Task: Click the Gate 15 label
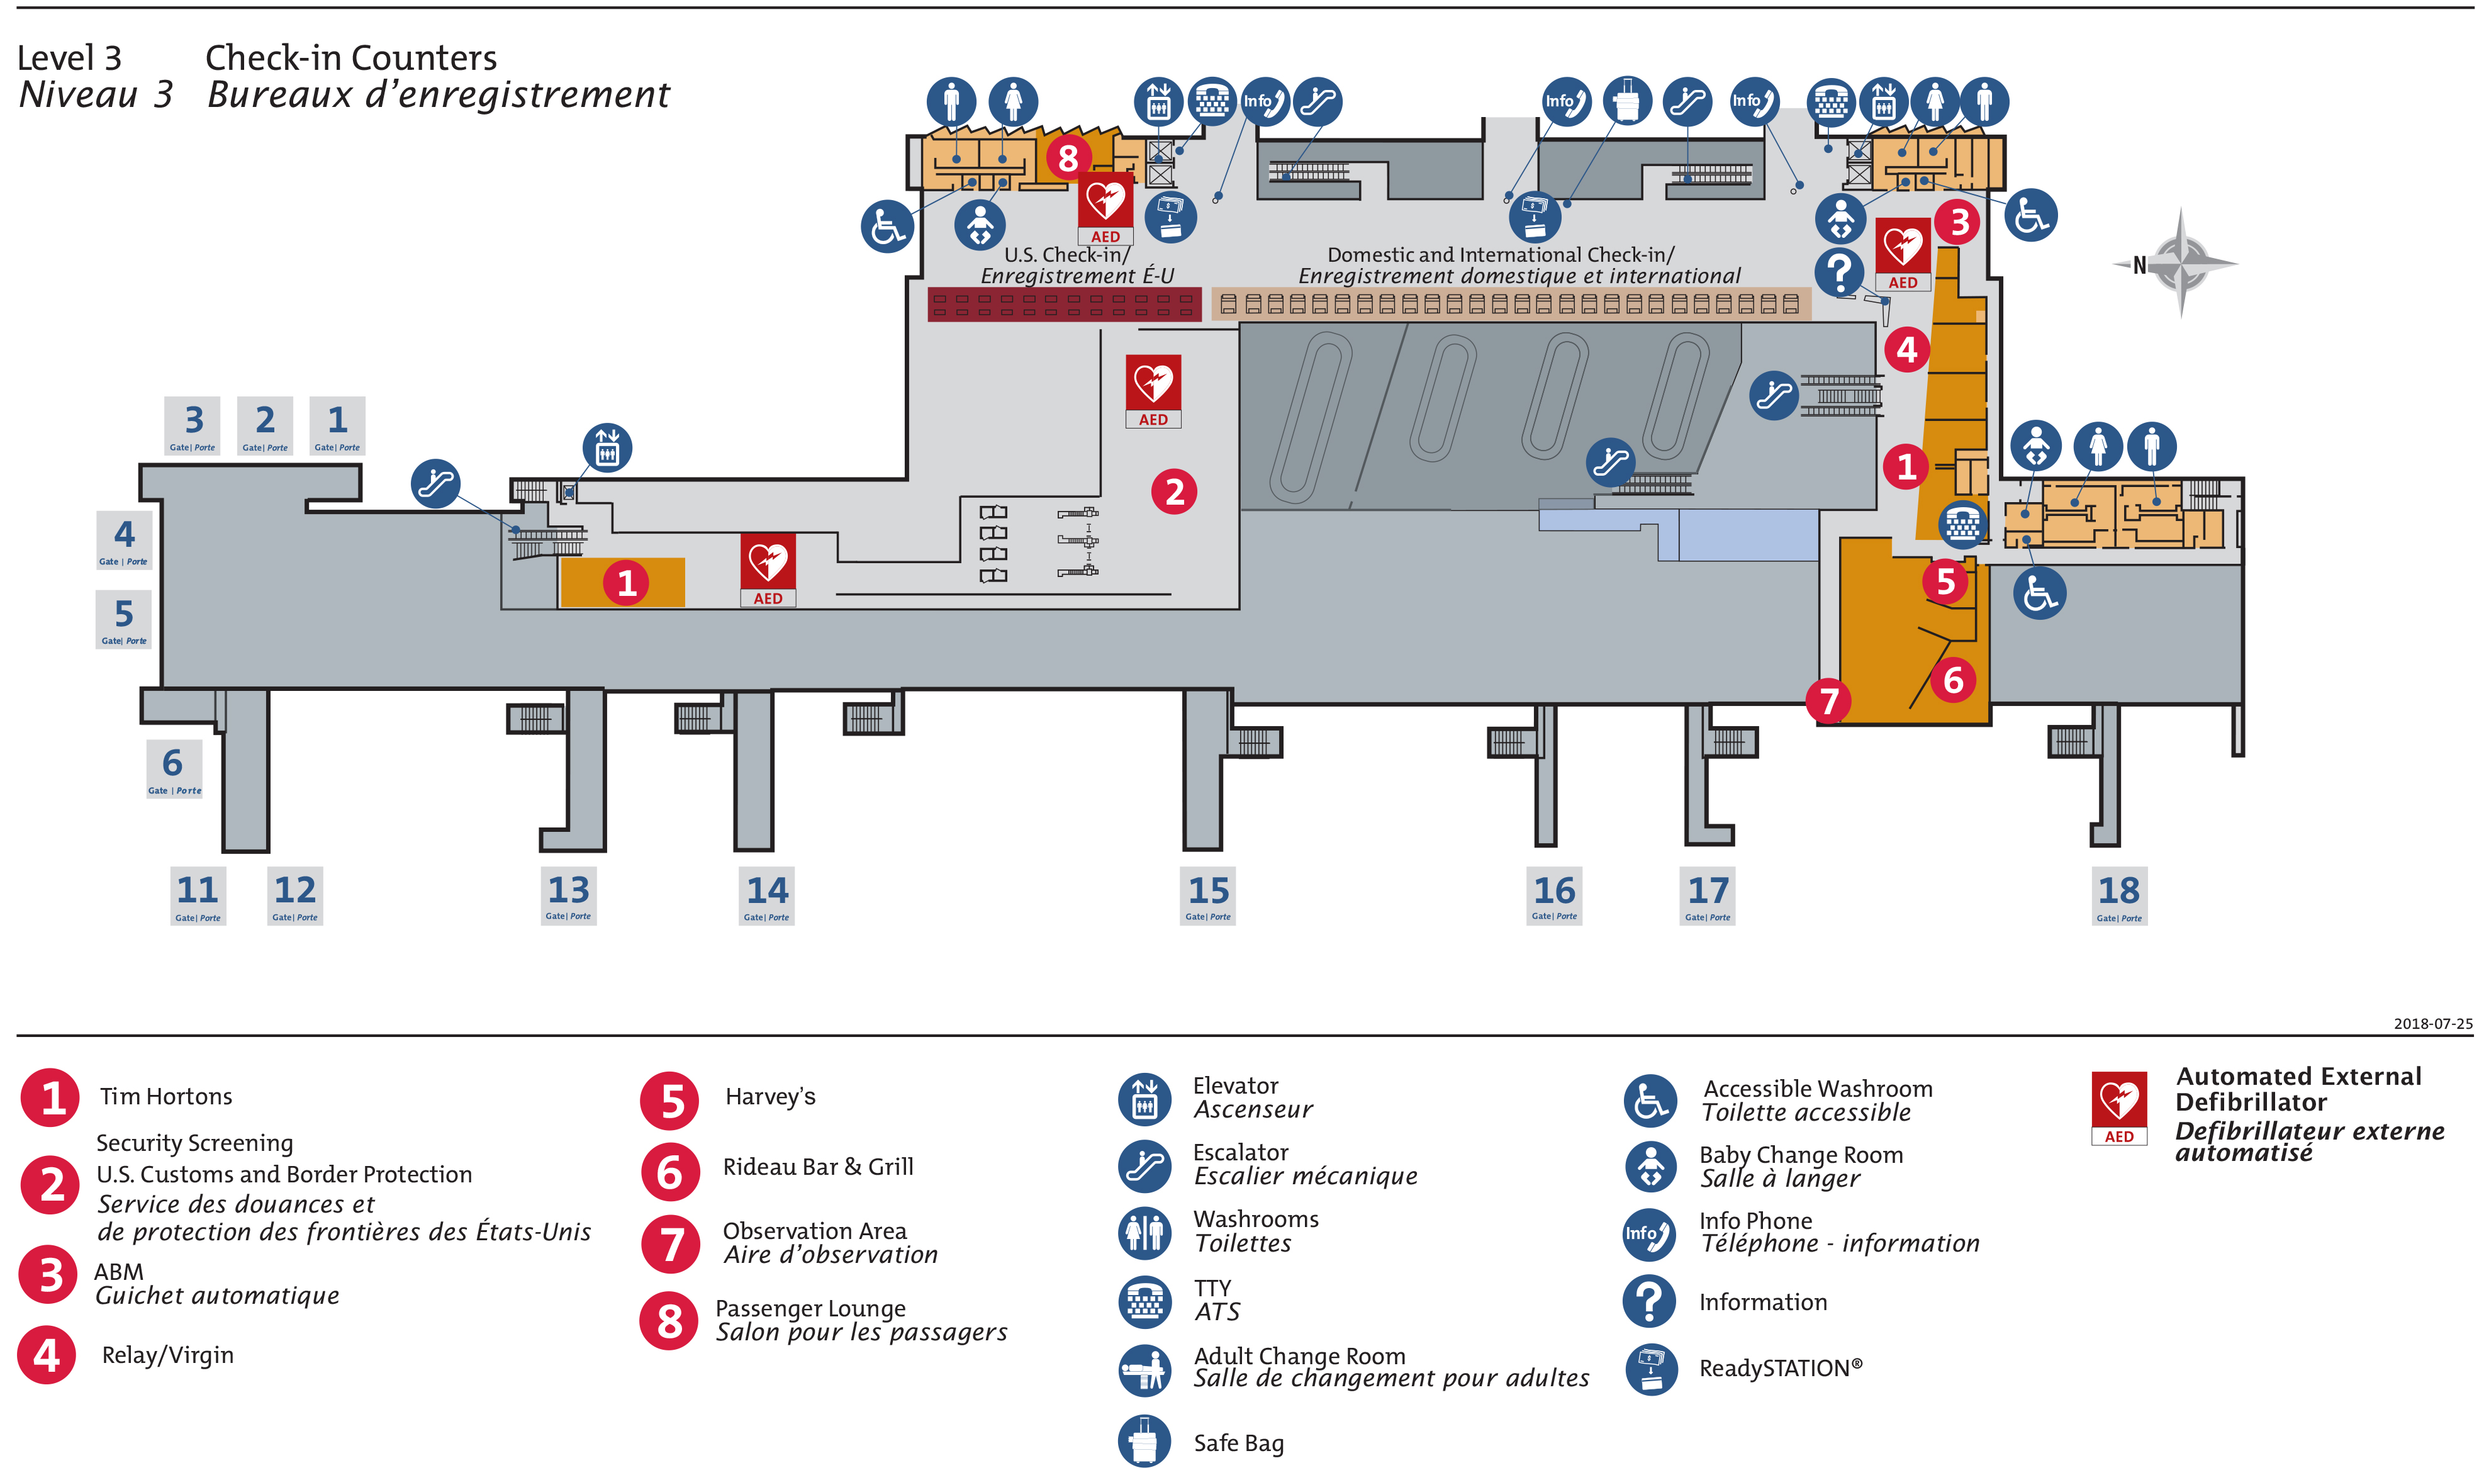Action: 1207,895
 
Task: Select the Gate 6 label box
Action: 174,768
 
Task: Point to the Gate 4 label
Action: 124,539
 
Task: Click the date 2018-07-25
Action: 2432,1023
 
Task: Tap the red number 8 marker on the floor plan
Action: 1068,157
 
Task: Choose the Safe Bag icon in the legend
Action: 1144,1441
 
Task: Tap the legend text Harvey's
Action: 770,1097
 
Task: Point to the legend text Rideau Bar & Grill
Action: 818,1167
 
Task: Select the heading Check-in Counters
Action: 351,58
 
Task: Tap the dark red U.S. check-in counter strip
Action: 1064,304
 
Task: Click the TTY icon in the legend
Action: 1144,1301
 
